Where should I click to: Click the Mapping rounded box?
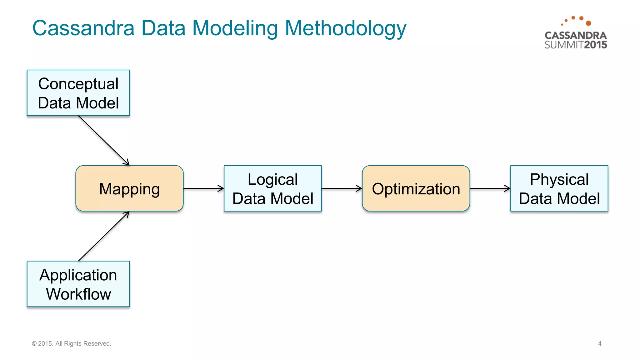click(129, 188)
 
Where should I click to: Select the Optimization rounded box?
click(416, 188)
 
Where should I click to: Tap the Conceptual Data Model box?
click(78, 93)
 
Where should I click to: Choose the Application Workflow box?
click(78, 284)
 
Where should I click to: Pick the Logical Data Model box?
click(272, 188)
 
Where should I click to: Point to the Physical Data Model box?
click(559, 188)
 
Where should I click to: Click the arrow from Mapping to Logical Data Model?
click(203, 188)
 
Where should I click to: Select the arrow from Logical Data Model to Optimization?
click(341, 188)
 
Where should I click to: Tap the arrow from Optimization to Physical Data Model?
click(490, 188)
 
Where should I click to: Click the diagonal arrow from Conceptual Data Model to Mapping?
click(104, 140)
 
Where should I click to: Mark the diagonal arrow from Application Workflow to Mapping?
click(104, 236)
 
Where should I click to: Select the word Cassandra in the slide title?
click(83, 28)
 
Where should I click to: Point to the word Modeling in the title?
click(235, 28)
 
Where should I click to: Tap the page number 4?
click(600, 343)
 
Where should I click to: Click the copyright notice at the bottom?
click(72, 343)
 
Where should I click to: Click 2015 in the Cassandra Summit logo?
click(595, 45)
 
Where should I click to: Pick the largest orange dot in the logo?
click(588, 23)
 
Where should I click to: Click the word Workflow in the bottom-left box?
click(78, 294)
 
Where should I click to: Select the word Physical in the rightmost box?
click(559, 179)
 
